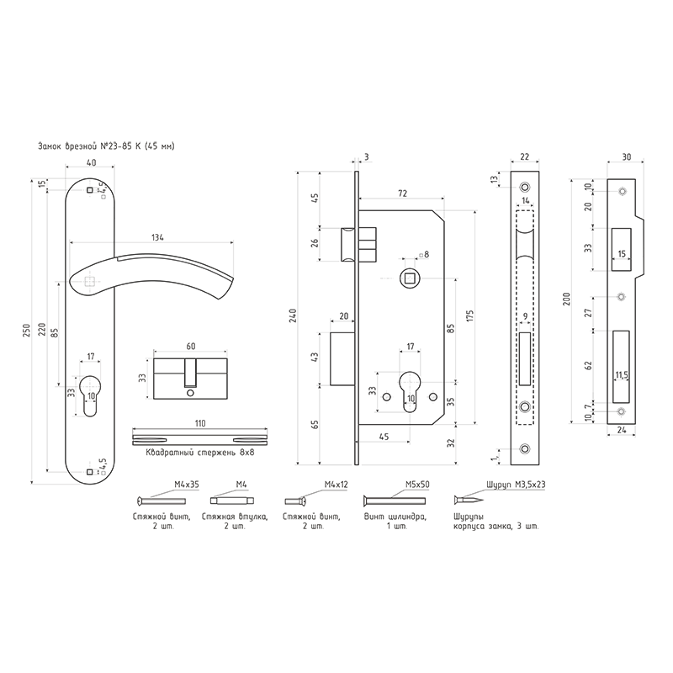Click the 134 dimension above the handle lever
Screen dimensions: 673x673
point(158,237)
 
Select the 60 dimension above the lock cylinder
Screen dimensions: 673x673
point(191,347)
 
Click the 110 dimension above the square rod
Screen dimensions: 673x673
point(200,423)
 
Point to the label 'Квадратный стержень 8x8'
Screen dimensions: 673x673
point(200,453)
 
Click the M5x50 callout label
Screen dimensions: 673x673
point(417,485)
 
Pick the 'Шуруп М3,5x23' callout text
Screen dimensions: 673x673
point(517,485)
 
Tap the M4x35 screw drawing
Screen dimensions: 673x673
point(161,501)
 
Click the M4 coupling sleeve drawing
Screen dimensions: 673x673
point(232,501)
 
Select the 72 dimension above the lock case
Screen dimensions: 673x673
point(402,193)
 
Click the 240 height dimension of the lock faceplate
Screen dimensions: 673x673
point(293,315)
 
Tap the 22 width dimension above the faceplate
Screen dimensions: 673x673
point(524,157)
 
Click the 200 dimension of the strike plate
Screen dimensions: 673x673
point(566,299)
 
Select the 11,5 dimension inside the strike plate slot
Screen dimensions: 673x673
point(622,375)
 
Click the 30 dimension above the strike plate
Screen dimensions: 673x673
point(626,157)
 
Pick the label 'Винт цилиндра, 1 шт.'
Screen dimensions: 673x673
point(395,522)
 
